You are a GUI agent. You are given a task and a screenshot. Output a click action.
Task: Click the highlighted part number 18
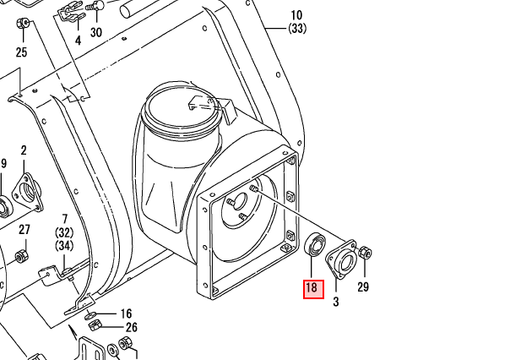tap(312, 288)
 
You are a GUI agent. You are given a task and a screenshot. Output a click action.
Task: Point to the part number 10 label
tap(296, 15)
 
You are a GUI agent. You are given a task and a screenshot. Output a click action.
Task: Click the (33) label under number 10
tap(296, 29)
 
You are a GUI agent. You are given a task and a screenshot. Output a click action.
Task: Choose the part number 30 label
tap(95, 33)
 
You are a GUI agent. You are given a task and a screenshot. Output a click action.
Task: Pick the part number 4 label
tap(78, 41)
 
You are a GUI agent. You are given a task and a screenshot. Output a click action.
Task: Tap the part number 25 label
tap(21, 52)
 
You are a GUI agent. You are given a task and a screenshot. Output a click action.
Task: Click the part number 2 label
tap(24, 150)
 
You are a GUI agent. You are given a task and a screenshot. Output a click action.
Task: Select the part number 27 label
tap(24, 230)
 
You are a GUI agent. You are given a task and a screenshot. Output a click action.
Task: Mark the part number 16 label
tap(126, 314)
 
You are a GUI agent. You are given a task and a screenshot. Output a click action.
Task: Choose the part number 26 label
tap(131, 327)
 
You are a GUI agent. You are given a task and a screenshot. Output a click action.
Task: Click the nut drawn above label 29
tap(365, 253)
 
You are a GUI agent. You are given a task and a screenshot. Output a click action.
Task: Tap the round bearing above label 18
tap(315, 243)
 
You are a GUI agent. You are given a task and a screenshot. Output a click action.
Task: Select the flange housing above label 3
tap(342, 259)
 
